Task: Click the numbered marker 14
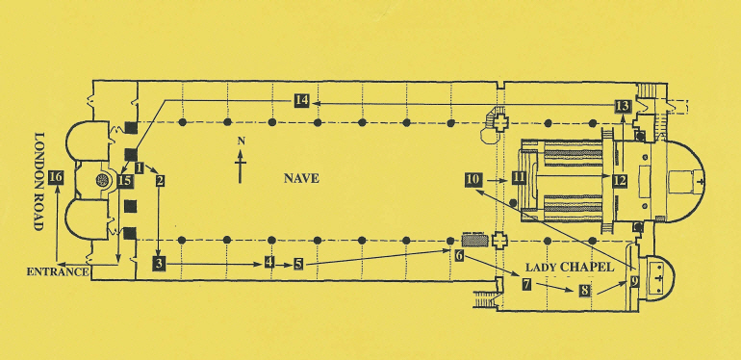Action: (302, 100)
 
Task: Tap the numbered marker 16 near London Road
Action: (56, 177)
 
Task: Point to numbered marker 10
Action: (473, 179)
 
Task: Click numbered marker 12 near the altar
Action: (620, 179)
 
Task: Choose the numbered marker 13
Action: (623, 106)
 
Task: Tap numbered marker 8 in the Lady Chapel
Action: (584, 290)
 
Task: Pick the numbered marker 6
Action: (459, 256)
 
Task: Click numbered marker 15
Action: (125, 179)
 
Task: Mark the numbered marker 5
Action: (299, 263)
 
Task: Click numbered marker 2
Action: (160, 180)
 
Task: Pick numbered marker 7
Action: (526, 284)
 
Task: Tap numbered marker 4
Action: (270, 262)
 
